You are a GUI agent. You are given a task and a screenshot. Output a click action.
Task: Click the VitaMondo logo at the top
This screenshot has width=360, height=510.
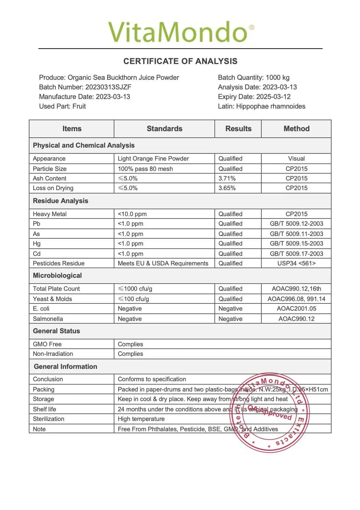tap(181, 32)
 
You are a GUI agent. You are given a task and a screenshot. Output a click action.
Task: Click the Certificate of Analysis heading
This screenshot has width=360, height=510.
tap(180, 61)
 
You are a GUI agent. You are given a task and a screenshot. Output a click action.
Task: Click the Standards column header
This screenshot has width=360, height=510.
tap(164, 129)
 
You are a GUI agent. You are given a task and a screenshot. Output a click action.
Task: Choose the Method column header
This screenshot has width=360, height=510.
tap(296, 129)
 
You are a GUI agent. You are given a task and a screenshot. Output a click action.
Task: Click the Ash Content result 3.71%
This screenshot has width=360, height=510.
tap(227, 178)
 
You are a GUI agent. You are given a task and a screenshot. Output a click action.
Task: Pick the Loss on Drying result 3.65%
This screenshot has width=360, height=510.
tap(227, 188)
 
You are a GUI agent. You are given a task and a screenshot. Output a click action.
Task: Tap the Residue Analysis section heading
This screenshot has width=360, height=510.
tap(60, 201)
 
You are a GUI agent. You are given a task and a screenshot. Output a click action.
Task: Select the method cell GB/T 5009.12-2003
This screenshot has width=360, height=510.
tap(296, 224)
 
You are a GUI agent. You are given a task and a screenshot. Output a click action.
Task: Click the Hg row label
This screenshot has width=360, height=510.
tap(37, 244)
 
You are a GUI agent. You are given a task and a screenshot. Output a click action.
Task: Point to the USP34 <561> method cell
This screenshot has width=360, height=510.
tap(296, 263)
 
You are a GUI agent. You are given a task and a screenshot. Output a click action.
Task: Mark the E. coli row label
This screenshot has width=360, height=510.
tap(41, 309)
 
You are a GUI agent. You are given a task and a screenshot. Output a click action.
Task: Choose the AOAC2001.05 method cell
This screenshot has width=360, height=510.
tap(296, 309)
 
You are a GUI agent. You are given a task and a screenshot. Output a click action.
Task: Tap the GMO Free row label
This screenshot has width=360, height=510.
tap(47, 344)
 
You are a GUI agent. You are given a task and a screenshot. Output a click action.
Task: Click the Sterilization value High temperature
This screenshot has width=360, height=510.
tap(141, 419)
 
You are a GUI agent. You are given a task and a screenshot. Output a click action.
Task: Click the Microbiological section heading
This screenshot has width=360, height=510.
tap(57, 276)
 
